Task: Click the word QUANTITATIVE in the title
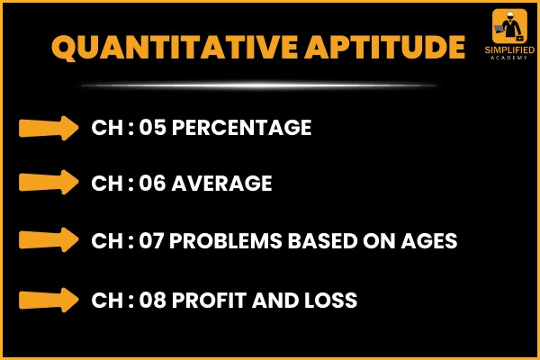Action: (x=175, y=48)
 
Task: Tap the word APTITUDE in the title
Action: (x=385, y=47)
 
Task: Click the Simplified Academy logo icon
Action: (x=509, y=26)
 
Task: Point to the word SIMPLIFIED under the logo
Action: (x=509, y=50)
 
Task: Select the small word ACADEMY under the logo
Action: (x=509, y=58)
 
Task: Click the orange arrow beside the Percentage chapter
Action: (x=49, y=128)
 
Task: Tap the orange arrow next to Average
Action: (x=49, y=182)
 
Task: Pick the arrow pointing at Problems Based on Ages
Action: (x=49, y=239)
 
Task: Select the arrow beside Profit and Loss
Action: (x=49, y=300)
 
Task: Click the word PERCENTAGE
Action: (x=242, y=128)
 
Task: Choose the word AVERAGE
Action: (x=221, y=183)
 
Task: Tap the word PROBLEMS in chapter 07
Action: (x=226, y=240)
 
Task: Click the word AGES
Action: (x=429, y=240)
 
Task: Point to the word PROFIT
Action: (x=210, y=300)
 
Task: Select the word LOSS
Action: (x=330, y=300)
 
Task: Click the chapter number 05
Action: (x=153, y=128)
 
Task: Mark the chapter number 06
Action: (x=152, y=183)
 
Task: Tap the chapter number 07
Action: (x=151, y=240)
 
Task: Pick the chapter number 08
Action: (x=153, y=300)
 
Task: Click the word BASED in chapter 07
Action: (x=323, y=240)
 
